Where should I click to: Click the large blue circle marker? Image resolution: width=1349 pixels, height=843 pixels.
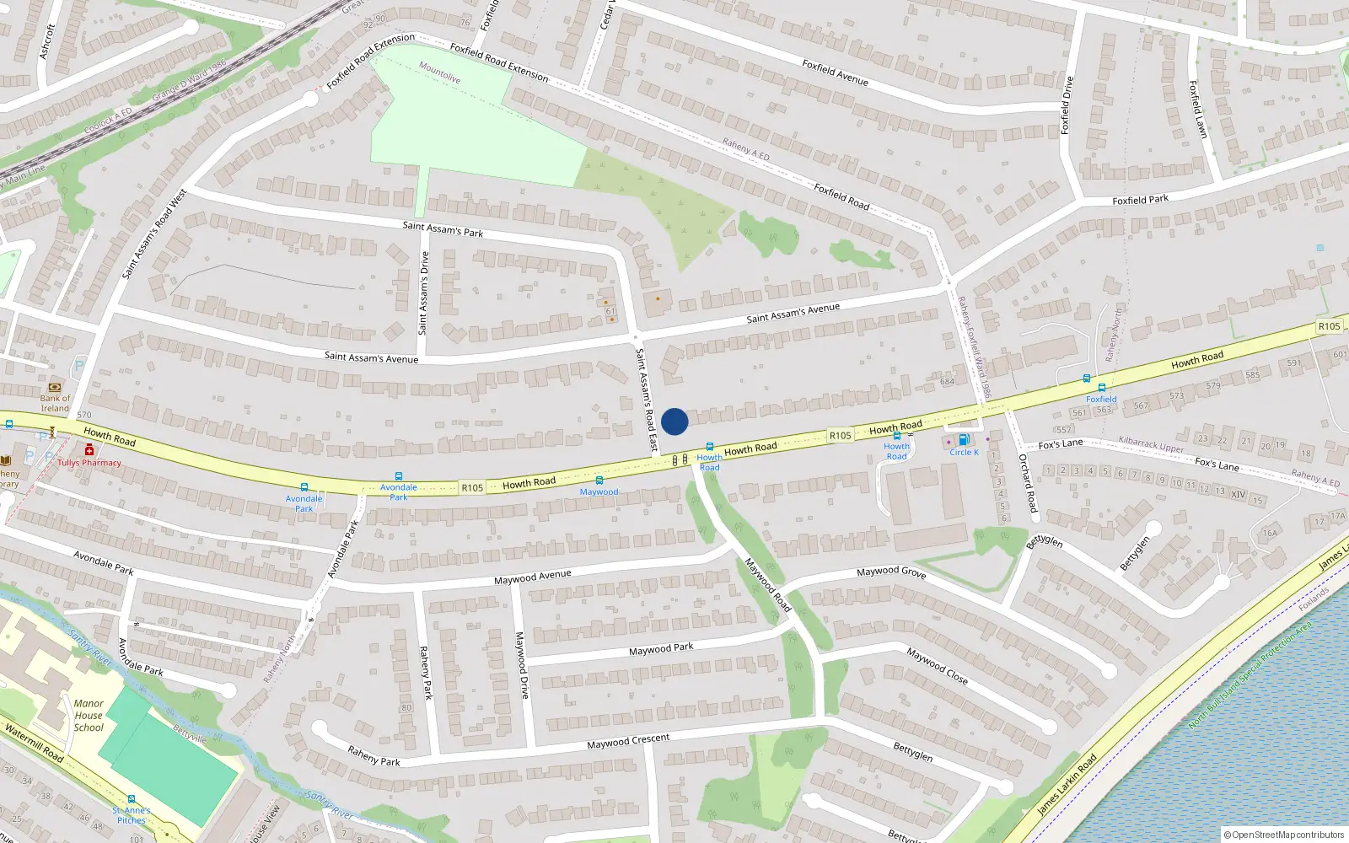pos(674,421)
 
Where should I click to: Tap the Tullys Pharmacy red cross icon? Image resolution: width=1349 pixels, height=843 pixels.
pos(89,451)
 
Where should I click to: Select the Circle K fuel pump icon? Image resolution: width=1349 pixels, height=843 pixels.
pos(964,440)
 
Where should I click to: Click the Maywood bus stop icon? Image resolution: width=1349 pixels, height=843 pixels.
pos(599,481)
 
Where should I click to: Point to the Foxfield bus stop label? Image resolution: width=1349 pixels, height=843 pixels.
pos(1101,400)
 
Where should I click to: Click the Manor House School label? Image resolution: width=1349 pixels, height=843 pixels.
pos(89,715)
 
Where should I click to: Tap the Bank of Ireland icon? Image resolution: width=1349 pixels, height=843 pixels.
pos(56,387)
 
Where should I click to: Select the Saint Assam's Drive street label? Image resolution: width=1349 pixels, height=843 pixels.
pos(423,293)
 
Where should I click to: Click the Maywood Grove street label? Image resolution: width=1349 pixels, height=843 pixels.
pos(891,572)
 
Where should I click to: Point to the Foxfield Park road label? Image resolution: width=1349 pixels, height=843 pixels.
pos(1140,200)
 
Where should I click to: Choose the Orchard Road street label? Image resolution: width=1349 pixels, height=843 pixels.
pos(1028,483)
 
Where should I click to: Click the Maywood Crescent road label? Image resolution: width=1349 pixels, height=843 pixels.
pos(628,741)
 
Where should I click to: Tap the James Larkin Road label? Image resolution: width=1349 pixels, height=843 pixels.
pos(1067,784)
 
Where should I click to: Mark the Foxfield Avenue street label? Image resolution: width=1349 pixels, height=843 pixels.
pos(835,72)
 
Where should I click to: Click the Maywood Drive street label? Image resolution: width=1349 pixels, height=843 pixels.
pos(523,665)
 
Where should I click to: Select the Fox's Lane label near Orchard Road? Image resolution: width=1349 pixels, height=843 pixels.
pos(1061,444)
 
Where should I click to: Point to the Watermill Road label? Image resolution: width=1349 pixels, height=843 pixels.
pos(34,743)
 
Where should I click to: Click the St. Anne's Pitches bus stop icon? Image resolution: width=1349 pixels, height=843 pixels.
pos(132,799)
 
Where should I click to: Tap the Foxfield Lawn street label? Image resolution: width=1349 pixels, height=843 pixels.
pos(1198,110)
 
